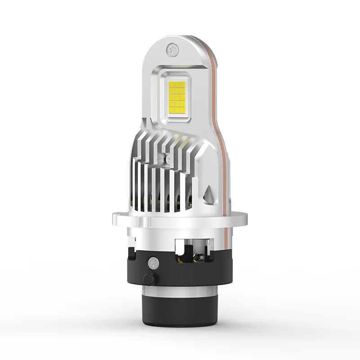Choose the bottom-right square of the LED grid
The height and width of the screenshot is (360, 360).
click(183, 108)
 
